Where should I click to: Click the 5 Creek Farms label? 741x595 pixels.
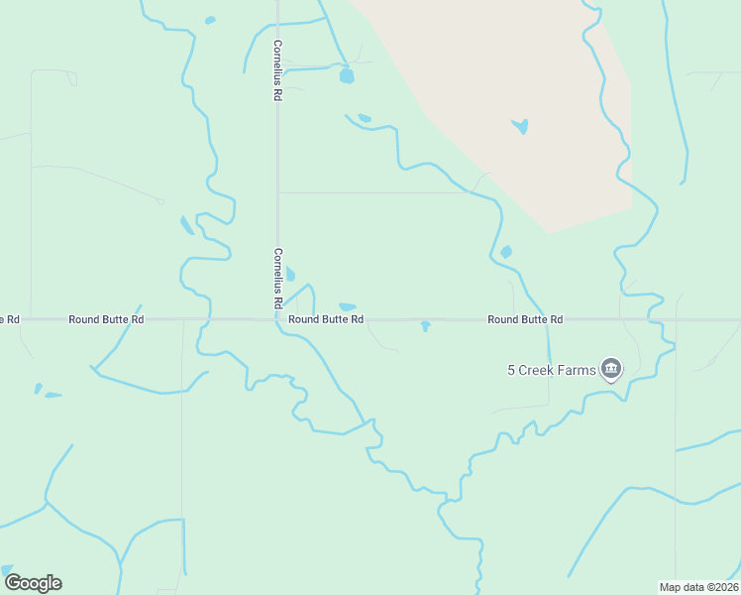click(552, 370)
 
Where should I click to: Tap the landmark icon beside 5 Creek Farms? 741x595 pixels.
click(611, 370)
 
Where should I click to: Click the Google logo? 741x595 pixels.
click(33, 582)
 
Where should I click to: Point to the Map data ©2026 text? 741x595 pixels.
click(698, 587)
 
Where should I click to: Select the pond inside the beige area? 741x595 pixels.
click(520, 126)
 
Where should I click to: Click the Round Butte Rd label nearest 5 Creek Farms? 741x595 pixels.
click(525, 319)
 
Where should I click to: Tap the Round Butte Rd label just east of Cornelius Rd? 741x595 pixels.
click(326, 319)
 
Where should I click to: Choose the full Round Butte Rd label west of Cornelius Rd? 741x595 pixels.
click(106, 319)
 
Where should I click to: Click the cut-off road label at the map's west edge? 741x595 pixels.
click(10, 319)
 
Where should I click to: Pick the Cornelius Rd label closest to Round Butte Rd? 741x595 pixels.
click(278, 277)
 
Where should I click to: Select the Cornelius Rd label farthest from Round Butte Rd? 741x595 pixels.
click(278, 69)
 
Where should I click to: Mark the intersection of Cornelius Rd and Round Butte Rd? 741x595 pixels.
click(277, 319)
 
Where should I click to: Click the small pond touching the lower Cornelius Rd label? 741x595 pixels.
click(289, 275)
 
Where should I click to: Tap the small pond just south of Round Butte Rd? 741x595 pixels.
click(425, 325)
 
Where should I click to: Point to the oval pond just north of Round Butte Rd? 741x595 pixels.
click(347, 306)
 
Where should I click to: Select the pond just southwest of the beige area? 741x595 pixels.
click(506, 252)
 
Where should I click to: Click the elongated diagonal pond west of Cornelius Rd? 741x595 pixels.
click(186, 225)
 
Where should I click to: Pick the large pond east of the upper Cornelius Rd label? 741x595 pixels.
click(346, 75)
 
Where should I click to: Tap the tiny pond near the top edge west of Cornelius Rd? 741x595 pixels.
click(209, 20)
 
